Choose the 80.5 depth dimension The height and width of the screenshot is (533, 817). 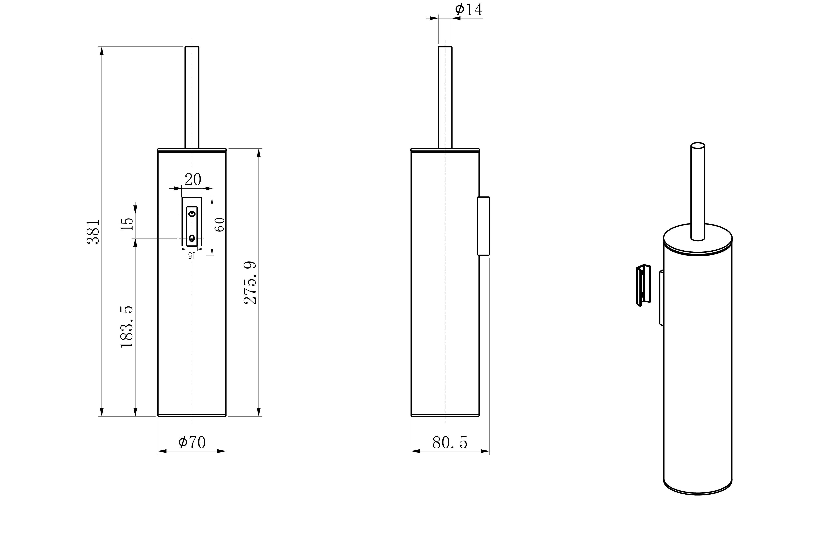[x=450, y=443]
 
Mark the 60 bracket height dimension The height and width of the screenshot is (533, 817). [x=220, y=225]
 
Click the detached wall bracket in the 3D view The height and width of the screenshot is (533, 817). [x=643, y=285]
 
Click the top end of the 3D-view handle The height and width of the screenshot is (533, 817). [x=698, y=145]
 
